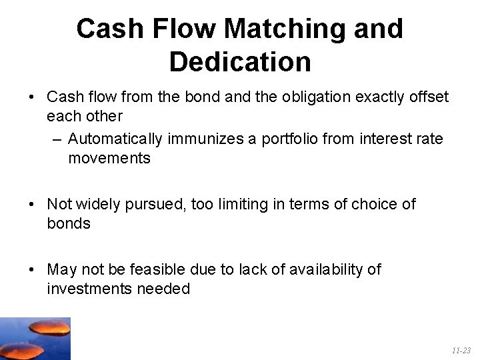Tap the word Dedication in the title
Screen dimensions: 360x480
coord(240,62)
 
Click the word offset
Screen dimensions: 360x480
coord(429,97)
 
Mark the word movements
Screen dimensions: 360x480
coord(109,159)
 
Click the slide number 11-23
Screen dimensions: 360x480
coord(461,351)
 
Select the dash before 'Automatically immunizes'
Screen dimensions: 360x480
coord(56,139)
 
